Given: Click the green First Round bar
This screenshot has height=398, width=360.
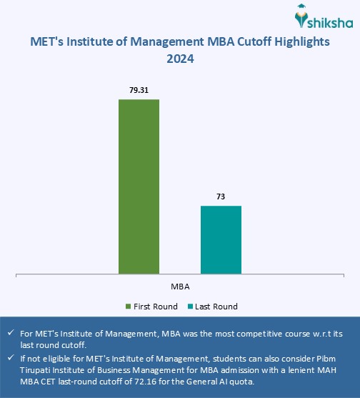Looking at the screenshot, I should (139, 186).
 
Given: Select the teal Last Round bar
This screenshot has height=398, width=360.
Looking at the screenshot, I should (221, 239).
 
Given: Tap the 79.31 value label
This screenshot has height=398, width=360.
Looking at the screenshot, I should (139, 91).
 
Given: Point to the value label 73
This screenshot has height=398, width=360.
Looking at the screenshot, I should (221, 197).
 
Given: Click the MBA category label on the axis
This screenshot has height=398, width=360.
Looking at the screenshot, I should (180, 284).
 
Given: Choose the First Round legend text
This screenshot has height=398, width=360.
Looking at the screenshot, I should (156, 307).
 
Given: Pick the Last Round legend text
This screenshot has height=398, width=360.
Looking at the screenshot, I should (217, 307).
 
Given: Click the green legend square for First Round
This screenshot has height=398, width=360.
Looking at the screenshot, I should (129, 307).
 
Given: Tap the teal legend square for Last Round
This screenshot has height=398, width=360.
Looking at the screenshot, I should (191, 307).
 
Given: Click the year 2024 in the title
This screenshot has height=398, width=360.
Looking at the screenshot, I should (180, 60).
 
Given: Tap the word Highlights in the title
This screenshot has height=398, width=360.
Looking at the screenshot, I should (291, 41).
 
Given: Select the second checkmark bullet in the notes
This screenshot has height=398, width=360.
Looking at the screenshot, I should (9, 357).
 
